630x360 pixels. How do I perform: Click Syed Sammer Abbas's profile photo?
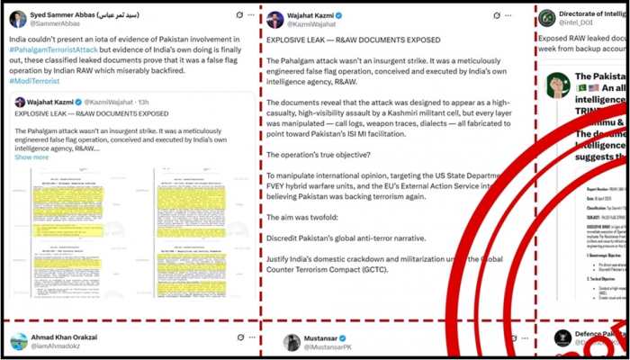point(18,18)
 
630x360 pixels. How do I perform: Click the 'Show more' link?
point(31,157)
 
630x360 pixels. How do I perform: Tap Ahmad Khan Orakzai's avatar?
point(18,341)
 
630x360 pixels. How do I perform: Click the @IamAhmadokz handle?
point(62,346)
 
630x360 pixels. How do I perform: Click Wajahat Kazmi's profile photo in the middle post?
point(273,19)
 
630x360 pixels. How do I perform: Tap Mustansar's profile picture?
point(292,341)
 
